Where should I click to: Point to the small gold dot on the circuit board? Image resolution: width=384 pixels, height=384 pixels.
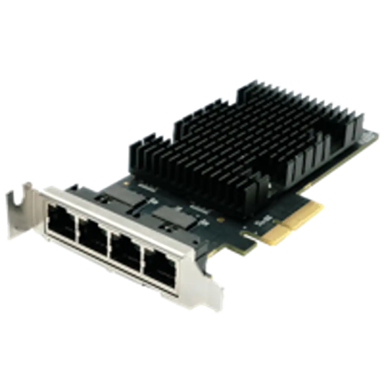click(220, 220)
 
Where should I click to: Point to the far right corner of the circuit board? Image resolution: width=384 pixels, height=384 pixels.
click(378, 132)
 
